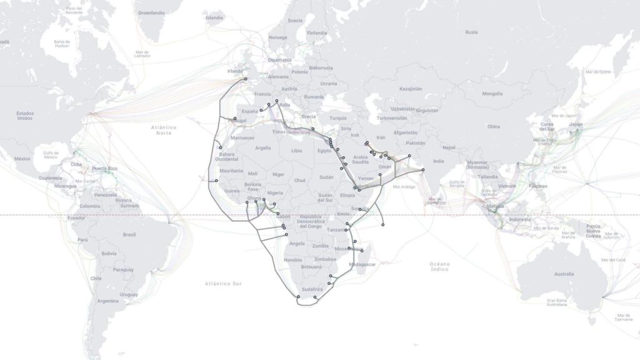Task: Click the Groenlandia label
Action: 151,12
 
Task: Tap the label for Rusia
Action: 471,32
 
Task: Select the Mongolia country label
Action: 492,94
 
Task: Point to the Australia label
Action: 563,274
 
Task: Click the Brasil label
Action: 129,234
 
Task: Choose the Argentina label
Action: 107,301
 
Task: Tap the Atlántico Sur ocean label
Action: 223,284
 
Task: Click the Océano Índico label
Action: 439,266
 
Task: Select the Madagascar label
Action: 362,264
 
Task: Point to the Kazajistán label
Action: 411,89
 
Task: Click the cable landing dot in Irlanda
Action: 246,79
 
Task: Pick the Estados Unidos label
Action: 25,116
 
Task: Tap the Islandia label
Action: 214,17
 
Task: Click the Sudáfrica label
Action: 312,289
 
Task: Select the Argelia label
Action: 263,148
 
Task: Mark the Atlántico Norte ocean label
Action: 163,130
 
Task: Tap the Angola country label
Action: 297,244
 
